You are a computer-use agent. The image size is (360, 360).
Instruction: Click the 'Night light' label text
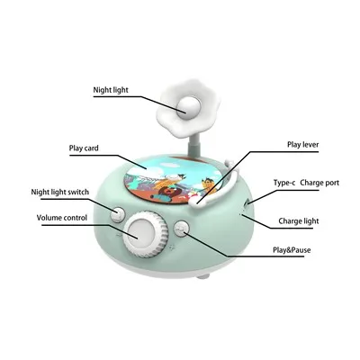[x=111, y=90]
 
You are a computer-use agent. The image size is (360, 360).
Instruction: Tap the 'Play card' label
[x=84, y=148]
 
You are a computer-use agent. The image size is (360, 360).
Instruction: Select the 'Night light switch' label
[x=60, y=192]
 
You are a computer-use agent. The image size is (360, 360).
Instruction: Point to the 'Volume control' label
[x=62, y=218]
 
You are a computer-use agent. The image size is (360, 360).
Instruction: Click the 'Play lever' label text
[x=303, y=145]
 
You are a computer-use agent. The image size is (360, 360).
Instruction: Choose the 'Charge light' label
[x=299, y=221]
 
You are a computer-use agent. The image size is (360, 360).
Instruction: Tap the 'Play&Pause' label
[x=292, y=250]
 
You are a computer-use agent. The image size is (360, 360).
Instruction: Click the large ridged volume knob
[x=145, y=234]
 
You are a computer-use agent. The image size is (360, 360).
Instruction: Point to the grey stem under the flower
[x=193, y=146]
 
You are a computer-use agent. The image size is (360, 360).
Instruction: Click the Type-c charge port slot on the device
[x=247, y=206]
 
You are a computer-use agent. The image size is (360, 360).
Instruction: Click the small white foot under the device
[x=203, y=275]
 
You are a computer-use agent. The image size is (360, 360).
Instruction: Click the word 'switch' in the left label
[x=79, y=192]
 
